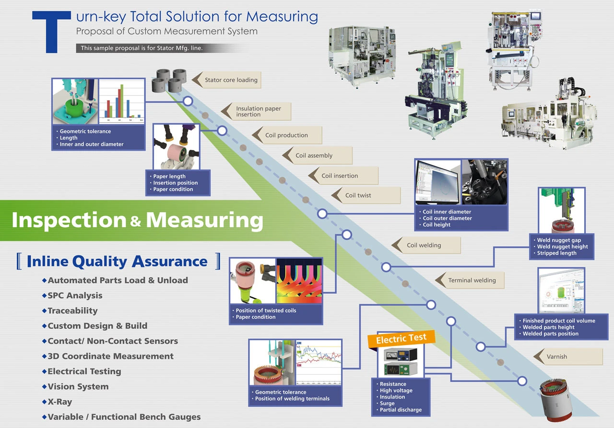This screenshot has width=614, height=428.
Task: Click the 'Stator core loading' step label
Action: (x=231, y=80)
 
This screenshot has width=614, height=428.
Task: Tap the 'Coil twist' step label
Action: (x=358, y=196)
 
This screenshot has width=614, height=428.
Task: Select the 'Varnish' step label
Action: (x=556, y=357)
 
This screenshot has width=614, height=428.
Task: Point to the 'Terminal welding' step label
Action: (x=472, y=280)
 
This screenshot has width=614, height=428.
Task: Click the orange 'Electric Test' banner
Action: (x=401, y=338)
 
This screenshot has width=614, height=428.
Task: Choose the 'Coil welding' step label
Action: (x=424, y=245)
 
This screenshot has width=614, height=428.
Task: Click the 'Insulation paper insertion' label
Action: (x=259, y=112)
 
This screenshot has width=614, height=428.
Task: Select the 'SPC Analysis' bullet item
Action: (x=75, y=296)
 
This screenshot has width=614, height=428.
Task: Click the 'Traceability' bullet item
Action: (x=72, y=311)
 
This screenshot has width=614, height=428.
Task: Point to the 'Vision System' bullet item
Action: (x=78, y=386)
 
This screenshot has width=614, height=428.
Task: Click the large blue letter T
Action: (x=52, y=32)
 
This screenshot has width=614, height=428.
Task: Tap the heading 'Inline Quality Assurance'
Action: (x=118, y=262)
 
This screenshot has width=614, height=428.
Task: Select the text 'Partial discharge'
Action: (x=401, y=410)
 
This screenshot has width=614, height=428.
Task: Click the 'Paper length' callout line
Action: (x=169, y=176)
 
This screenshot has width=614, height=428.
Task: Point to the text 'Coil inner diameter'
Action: (x=447, y=212)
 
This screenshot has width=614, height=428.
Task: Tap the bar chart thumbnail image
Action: (x=122, y=102)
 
